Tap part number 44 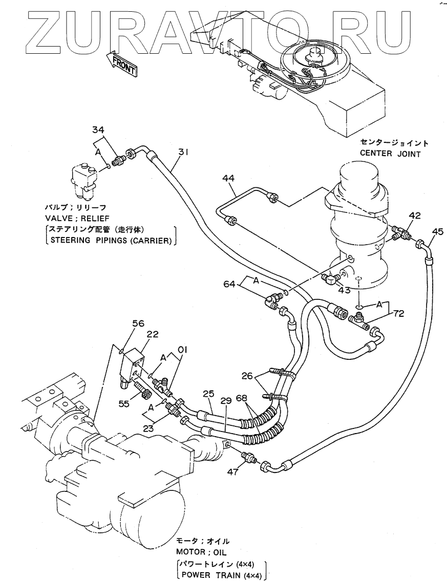pos(228,178)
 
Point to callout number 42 pos(415,216)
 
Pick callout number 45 pos(437,231)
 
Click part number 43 pos(344,290)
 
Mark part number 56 pos(124,324)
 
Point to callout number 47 pos(233,472)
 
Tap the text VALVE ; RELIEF pos(75,218)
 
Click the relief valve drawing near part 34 pos(85,180)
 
